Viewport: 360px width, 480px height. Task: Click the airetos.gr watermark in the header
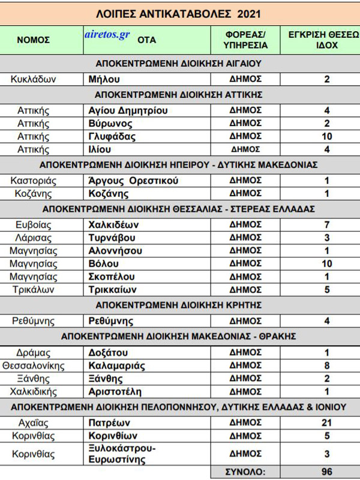point(107,35)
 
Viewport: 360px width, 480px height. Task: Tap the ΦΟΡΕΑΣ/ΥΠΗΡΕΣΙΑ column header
point(246,40)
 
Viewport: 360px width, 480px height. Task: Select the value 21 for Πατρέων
point(326,422)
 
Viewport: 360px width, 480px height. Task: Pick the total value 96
point(326,472)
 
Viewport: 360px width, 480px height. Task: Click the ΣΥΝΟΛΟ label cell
point(246,472)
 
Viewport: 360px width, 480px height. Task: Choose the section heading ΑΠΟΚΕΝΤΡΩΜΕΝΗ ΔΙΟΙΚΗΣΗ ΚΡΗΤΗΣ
point(179,305)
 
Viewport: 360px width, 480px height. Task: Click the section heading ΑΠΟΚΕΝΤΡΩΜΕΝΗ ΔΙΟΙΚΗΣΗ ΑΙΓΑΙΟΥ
point(179,63)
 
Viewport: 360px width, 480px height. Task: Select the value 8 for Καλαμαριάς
point(326,365)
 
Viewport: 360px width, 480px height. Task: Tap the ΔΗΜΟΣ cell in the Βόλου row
point(246,263)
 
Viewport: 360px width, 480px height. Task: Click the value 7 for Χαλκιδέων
point(326,224)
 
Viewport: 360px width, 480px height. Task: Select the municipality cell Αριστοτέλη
point(110,391)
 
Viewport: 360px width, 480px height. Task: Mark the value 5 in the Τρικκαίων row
point(326,289)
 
